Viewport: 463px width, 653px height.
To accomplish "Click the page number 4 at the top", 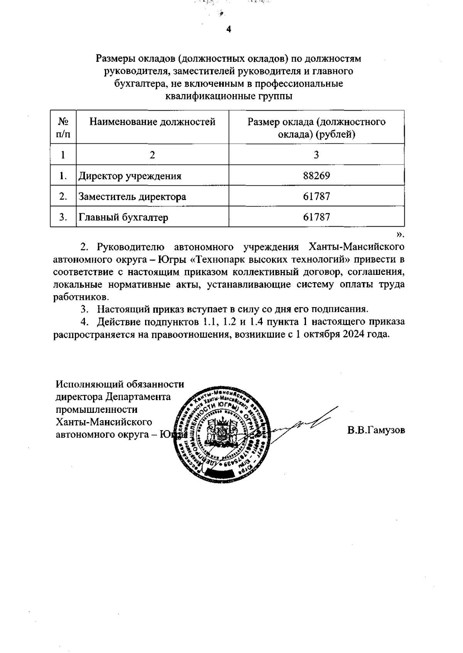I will pos(228,29).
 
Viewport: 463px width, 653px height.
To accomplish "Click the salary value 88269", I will pos(316,176).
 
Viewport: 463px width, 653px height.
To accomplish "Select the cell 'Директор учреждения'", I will pos(130,176).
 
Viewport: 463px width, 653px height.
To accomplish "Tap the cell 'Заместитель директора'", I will pos(132,197).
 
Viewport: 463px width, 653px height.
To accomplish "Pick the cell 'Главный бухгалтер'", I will pos(123,217).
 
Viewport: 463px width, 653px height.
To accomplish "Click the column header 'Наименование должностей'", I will pos(152,122).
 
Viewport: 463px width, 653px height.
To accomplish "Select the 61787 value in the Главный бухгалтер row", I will pos(316,217).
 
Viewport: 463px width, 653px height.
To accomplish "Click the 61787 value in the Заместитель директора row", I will pos(316,197).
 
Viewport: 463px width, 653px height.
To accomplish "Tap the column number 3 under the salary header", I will pos(316,155).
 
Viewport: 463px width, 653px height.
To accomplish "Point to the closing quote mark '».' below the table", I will pos(400,234).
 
